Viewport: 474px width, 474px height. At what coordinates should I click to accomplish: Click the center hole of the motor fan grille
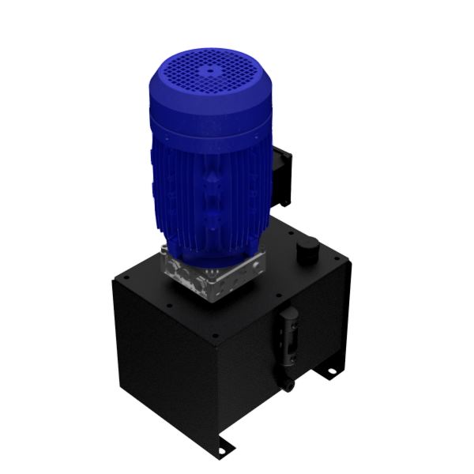tap(211, 69)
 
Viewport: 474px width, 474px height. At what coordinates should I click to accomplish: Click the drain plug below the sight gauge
tap(289, 386)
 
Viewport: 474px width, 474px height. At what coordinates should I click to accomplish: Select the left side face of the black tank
tap(162, 355)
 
